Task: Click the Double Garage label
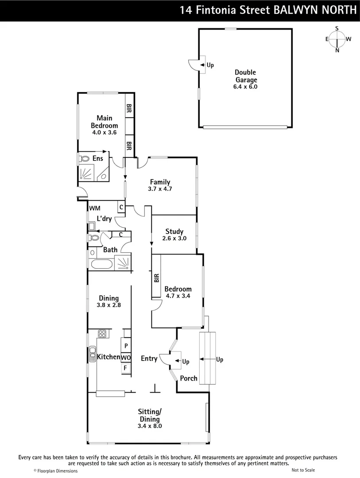[x=245, y=76]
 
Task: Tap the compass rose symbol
[x=337, y=39]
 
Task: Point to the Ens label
[x=97, y=158]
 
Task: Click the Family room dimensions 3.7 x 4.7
[x=160, y=189]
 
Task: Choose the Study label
[x=174, y=231]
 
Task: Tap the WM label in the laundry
[x=95, y=208]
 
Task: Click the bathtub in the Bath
[x=100, y=266]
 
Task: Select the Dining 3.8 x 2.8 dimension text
[x=108, y=305]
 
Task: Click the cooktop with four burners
[x=103, y=334]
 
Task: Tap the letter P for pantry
[x=126, y=346]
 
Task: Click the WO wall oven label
[x=126, y=357]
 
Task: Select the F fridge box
[x=126, y=368]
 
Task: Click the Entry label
[x=149, y=358]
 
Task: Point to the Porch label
[x=189, y=378]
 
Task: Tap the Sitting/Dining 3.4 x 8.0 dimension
[x=150, y=426]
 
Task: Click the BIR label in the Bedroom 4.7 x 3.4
[x=156, y=278]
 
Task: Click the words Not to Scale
[x=303, y=470]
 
